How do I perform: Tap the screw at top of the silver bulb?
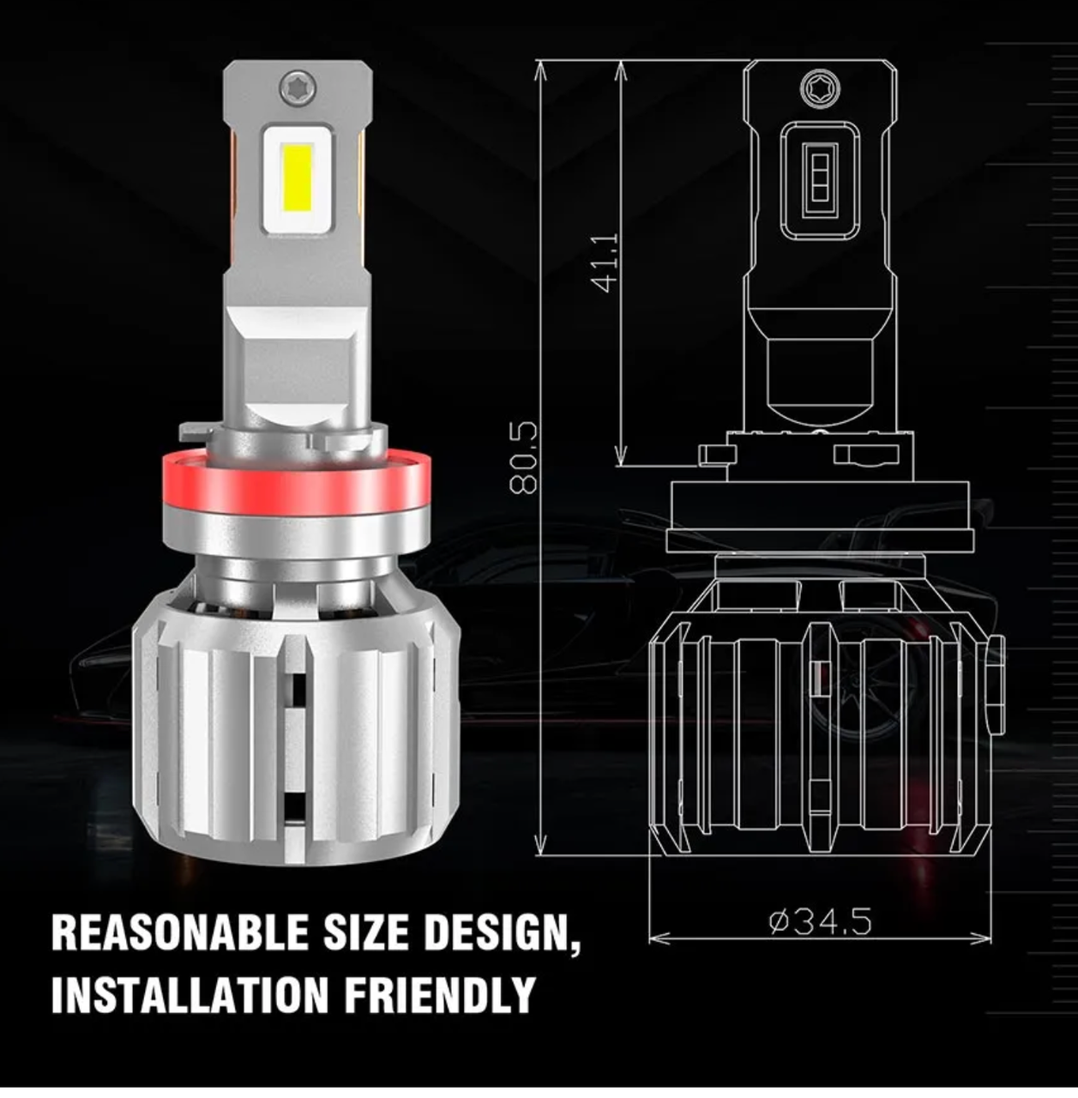[298, 85]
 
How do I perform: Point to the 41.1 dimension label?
[606, 262]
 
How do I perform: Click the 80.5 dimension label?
[525, 456]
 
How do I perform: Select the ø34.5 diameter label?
[820, 921]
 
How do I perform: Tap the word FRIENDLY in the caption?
[439, 994]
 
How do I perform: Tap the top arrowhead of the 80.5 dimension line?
[540, 69]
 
